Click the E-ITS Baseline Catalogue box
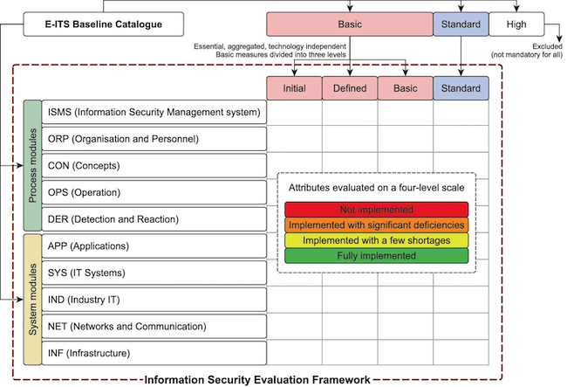tap(104, 24)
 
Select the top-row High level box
tap(516, 24)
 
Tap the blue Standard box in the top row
tap(461, 24)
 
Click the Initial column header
tap(294, 88)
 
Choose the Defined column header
tap(350, 88)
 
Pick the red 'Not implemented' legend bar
tap(377, 210)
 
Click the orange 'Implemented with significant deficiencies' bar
tap(377, 225)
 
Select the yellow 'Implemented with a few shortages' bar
tap(377, 240)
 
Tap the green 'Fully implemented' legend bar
tap(377, 256)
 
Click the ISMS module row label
tap(154, 112)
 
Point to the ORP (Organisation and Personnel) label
tap(154, 139)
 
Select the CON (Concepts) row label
tap(154, 165)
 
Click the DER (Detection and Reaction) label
tap(154, 218)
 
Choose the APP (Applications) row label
tap(154, 245)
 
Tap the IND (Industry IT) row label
tap(154, 300)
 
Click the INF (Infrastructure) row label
tap(154, 353)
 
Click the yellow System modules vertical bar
tap(32, 300)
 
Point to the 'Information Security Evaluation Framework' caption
tap(256, 380)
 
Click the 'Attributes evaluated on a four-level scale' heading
tap(377, 187)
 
